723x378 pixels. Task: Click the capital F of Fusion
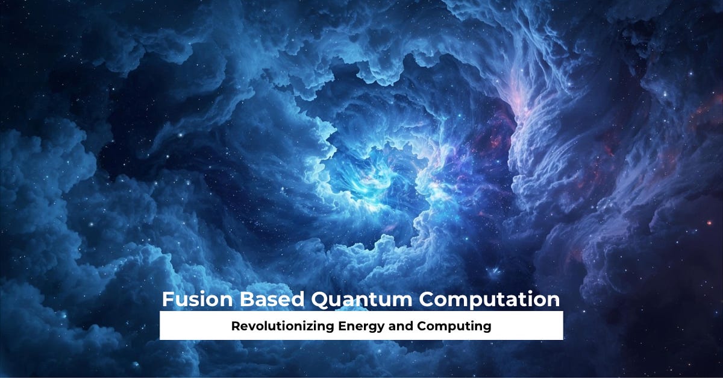[x=167, y=300]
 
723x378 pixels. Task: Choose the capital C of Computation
[x=427, y=300]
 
